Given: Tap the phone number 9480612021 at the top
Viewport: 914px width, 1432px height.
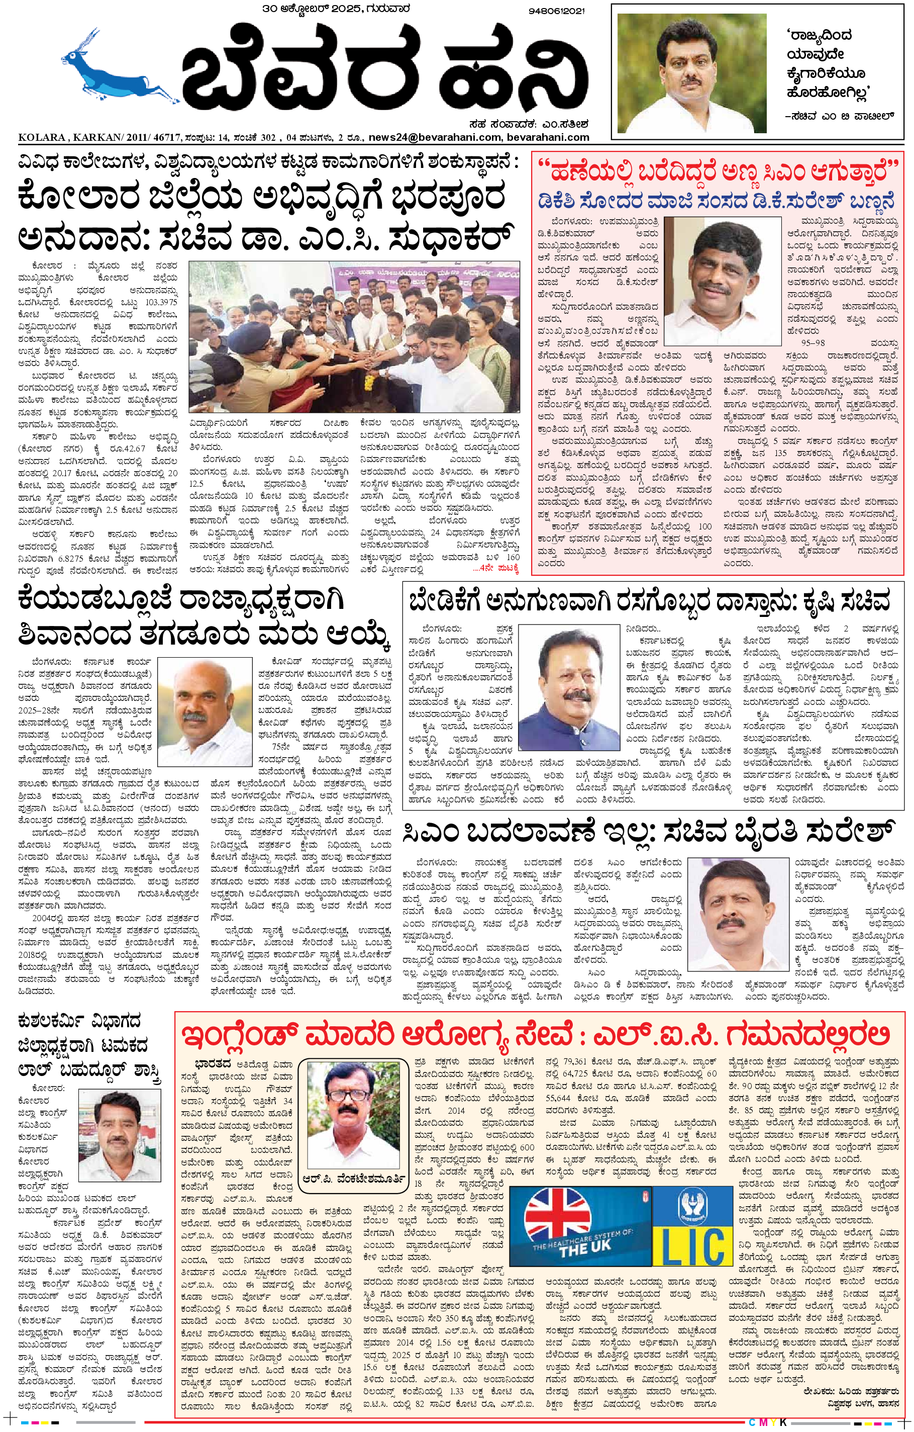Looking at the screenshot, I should (556, 11).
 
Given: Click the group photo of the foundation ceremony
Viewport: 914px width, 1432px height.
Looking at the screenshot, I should (354, 336).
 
